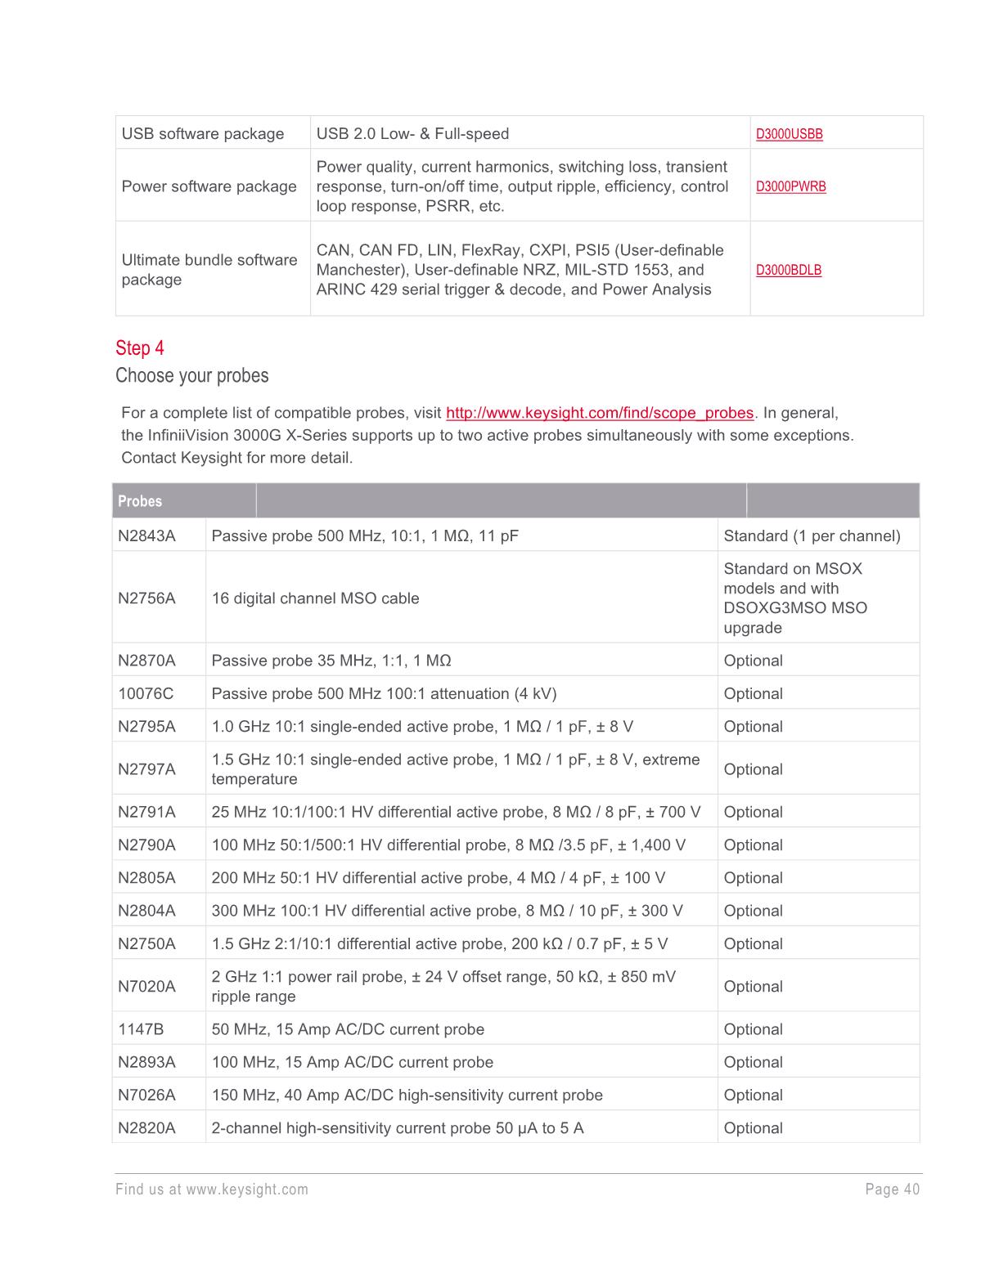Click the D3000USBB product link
[x=789, y=134]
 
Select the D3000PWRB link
[x=790, y=186]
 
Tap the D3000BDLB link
[x=788, y=270]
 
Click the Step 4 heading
[x=140, y=348]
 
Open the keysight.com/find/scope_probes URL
[x=599, y=413]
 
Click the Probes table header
[x=140, y=501]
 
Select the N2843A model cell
[x=146, y=536]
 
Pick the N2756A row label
[x=146, y=598]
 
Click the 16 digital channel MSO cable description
[x=315, y=598]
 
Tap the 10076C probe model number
[x=146, y=694]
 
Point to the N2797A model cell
[x=146, y=769]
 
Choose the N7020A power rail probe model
[x=146, y=987]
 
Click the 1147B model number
[x=141, y=1030]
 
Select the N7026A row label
[x=146, y=1095]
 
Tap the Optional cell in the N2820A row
[x=753, y=1128]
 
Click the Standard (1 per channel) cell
[x=812, y=536]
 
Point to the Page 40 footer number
[x=892, y=1190]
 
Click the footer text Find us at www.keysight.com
[x=212, y=1190]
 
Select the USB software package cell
[x=203, y=134]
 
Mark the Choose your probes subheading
[x=192, y=376]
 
